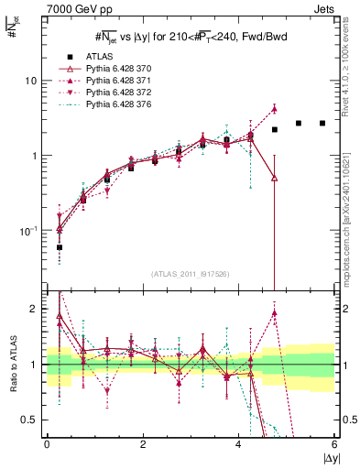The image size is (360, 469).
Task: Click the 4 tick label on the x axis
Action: click(x=238, y=444)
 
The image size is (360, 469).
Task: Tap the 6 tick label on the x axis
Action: click(x=334, y=444)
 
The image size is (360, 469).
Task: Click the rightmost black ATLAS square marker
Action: click(x=322, y=123)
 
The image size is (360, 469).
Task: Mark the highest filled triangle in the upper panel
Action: click(x=274, y=108)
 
